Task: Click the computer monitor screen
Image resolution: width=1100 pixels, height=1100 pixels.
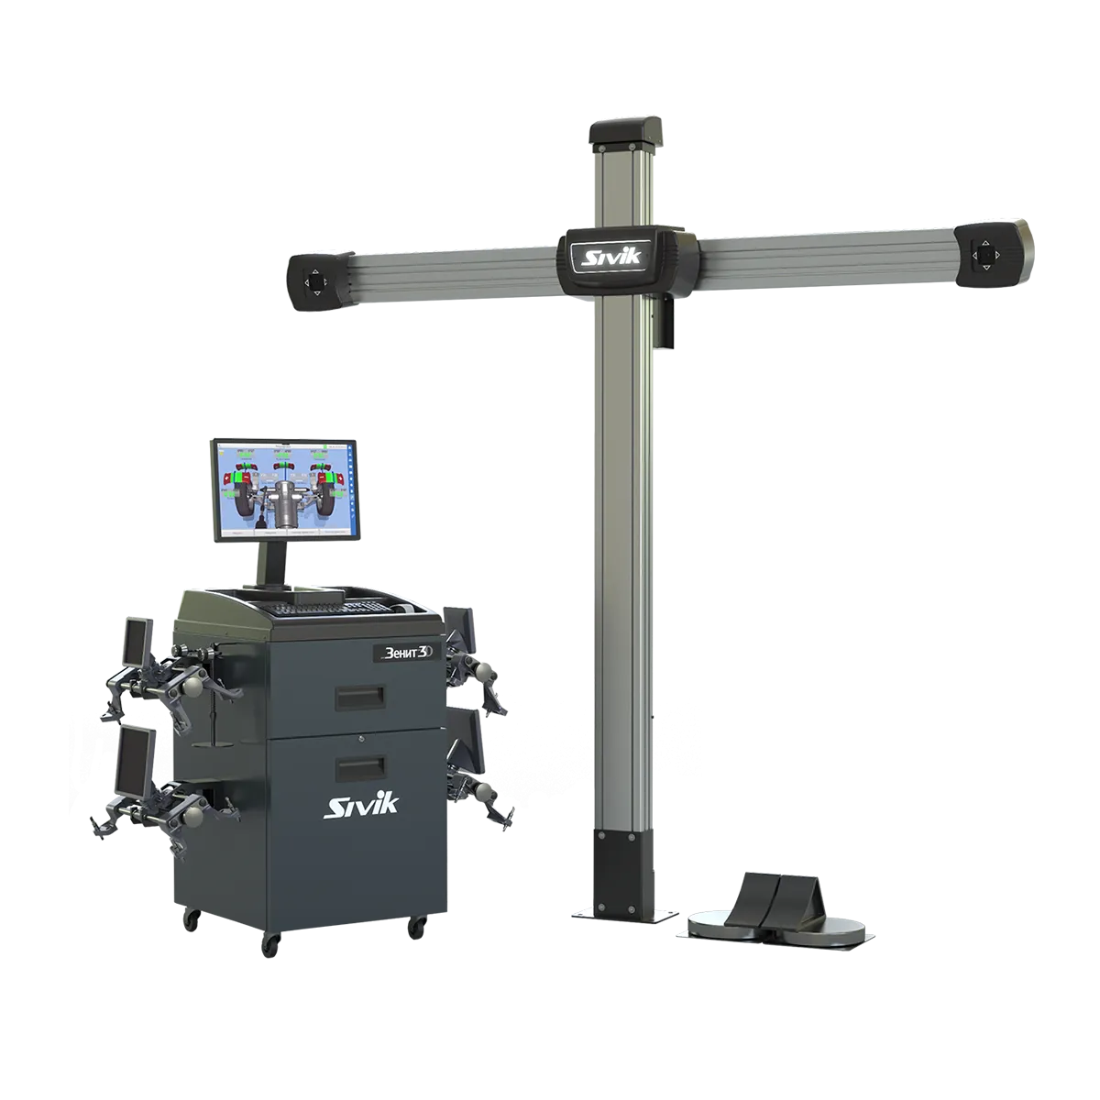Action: tap(284, 489)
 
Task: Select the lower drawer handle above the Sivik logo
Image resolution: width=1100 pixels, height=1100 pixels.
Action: tap(360, 768)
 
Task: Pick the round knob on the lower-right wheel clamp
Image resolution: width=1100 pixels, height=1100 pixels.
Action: tap(483, 790)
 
